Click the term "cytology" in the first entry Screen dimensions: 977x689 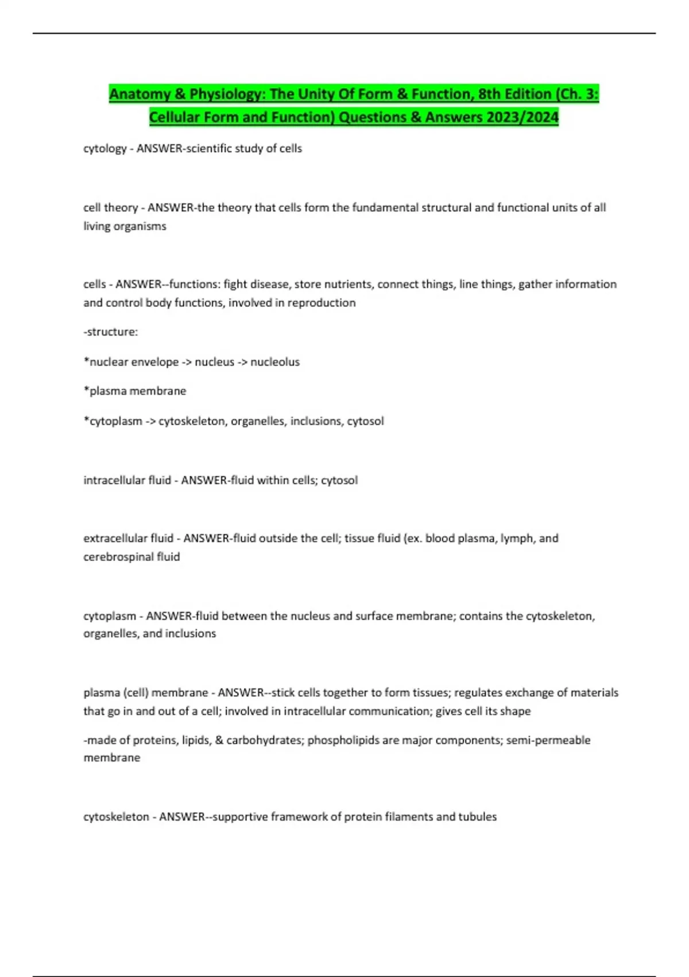104,148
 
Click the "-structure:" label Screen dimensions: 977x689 111,332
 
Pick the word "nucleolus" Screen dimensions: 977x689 275,361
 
